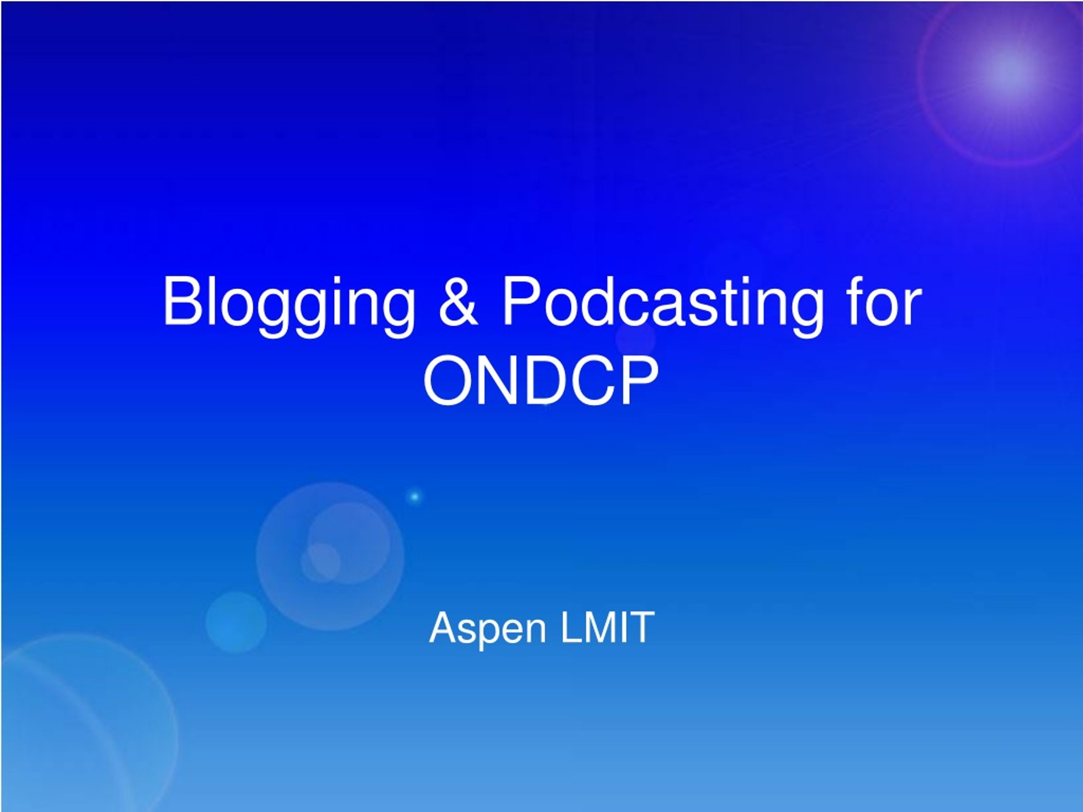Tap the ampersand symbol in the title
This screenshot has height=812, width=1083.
(458, 301)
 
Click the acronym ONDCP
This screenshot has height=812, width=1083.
(541, 381)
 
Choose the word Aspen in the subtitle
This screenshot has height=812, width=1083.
(487, 629)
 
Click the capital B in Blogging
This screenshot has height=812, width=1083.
(183, 301)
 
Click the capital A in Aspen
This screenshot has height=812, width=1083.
(444, 627)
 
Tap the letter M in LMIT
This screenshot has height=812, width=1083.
(601, 627)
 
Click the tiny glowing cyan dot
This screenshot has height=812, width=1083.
(415, 497)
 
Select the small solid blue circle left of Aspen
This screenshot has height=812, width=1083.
(236, 622)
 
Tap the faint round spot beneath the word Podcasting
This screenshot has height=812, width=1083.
(635, 338)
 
